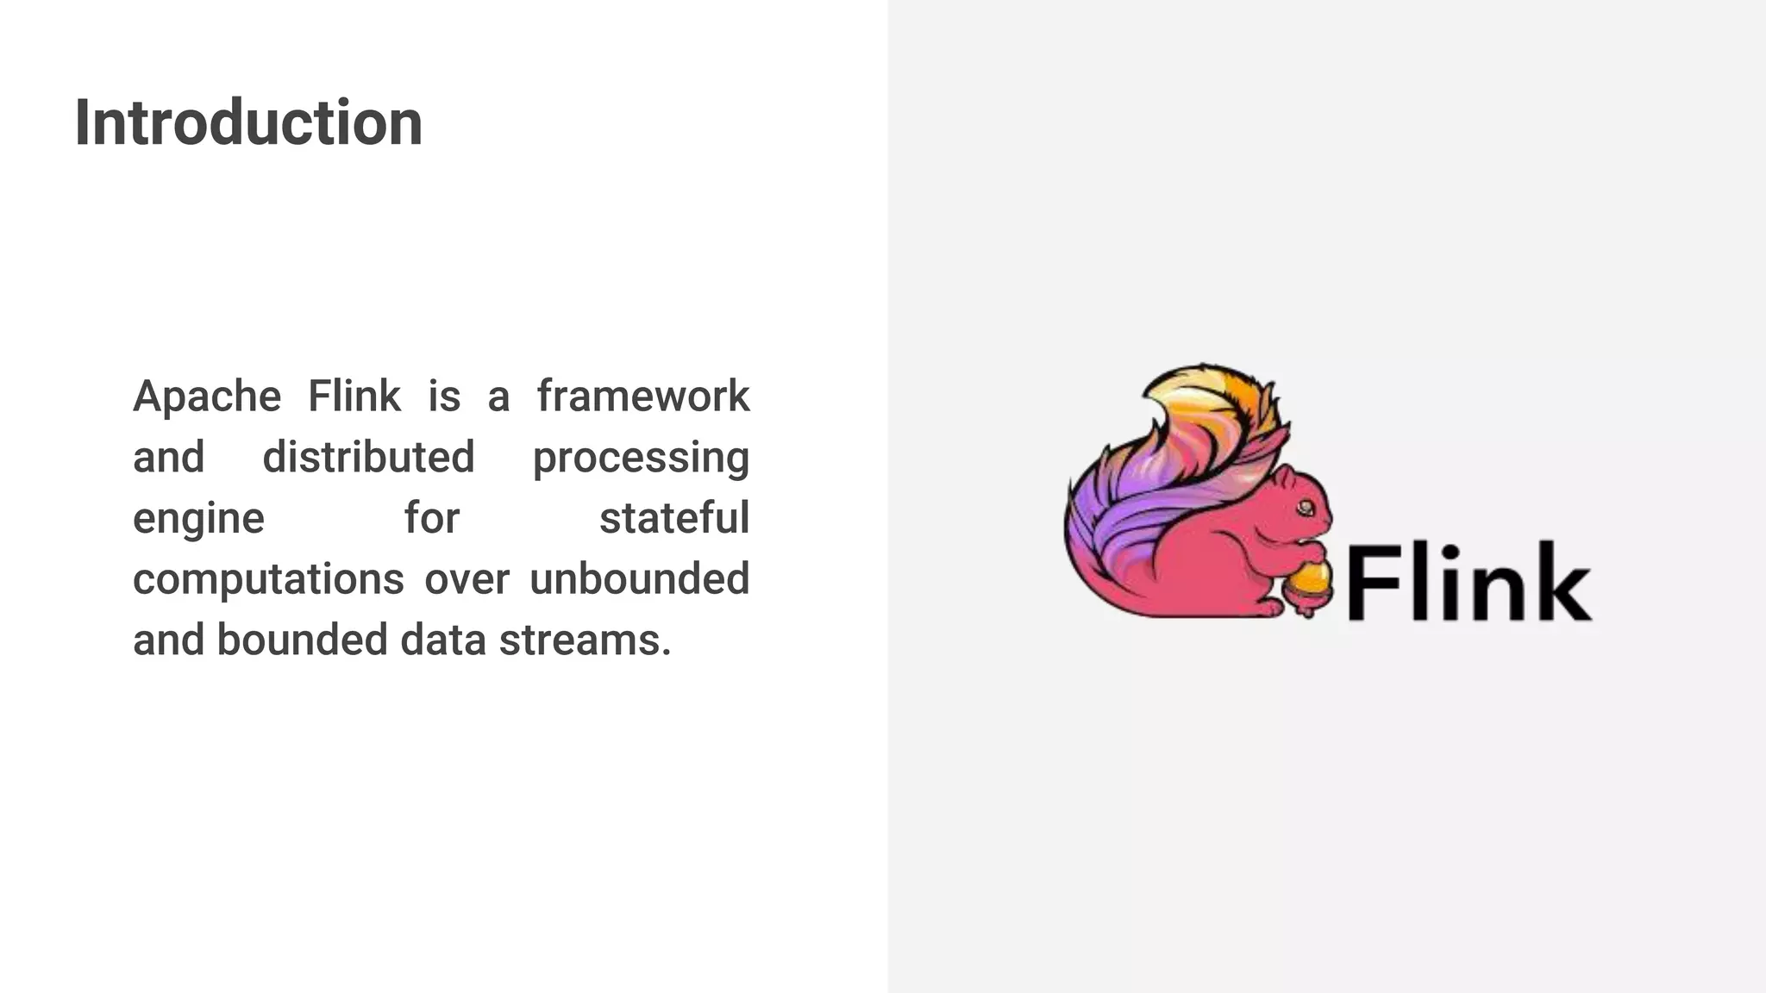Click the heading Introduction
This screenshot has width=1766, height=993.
click(248, 122)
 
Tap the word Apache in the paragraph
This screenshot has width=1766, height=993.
click(207, 397)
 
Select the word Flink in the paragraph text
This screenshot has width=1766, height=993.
click(354, 397)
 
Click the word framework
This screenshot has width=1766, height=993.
click(643, 397)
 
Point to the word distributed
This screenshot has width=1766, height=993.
click(368, 457)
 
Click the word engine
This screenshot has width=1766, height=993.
click(198, 519)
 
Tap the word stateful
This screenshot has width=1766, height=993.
click(673, 518)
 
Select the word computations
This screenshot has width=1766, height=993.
click(268, 579)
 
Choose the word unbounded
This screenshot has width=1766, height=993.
click(639, 578)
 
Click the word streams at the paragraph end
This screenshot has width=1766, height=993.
click(584, 640)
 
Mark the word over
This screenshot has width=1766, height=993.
click(467, 579)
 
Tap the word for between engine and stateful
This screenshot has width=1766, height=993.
click(432, 518)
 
